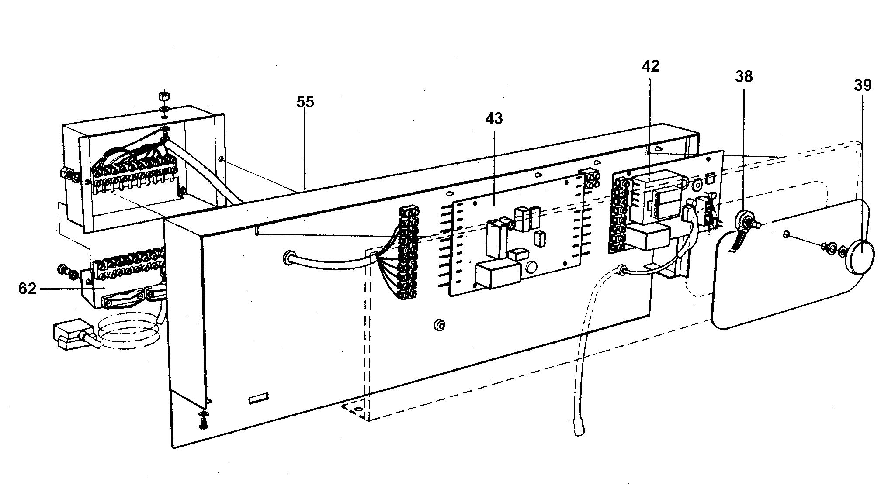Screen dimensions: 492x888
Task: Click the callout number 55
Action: coord(305,102)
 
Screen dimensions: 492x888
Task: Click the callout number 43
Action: coord(494,118)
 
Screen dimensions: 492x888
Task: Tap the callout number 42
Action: coord(650,66)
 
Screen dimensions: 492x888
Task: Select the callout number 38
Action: coord(744,77)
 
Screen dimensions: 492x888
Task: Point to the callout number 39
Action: coord(863,85)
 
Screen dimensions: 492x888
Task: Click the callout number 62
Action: coord(27,289)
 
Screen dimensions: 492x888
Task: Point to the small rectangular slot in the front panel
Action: coord(257,399)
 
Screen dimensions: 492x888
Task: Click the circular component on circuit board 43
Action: coord(532,267)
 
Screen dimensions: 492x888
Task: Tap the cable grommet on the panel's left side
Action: coord(289,257)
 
